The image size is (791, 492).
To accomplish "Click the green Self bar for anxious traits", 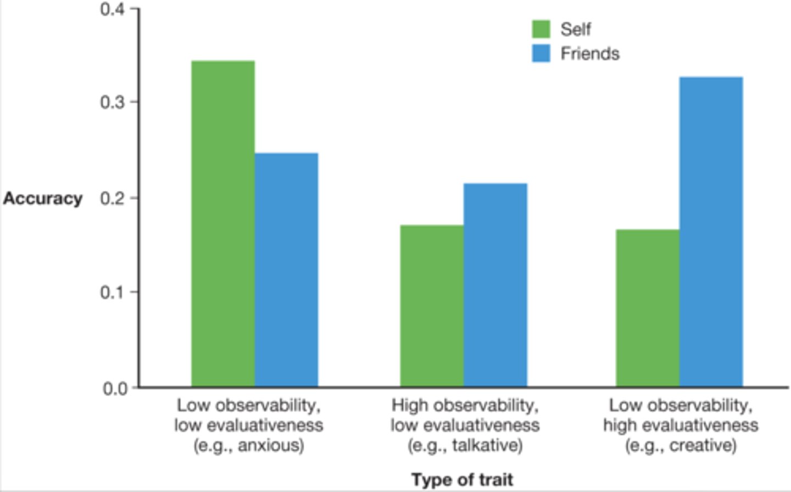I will [x=223, y=224].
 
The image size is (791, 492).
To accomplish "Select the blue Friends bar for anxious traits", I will [x=286, y=270].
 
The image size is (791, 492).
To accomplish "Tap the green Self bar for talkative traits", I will [x=432, y=306].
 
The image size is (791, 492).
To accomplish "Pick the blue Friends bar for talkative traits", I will [x=495, y=285].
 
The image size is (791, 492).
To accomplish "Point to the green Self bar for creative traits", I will [x=648, y=308].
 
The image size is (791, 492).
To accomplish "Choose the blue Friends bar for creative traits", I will [x=711, y=232].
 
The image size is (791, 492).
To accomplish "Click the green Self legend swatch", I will [x=541, y=29].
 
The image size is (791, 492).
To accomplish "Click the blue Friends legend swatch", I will [x=541, y=53].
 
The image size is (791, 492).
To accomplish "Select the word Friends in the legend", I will [x=589, y=53].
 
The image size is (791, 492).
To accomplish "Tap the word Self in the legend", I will [x=575, y=29].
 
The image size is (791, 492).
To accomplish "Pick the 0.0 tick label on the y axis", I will [x=114, y=388].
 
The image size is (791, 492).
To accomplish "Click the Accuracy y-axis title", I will [x=43, y=198].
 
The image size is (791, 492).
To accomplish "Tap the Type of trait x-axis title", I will [x=462, y=479].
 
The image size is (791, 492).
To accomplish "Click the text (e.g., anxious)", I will [x=248, y=445].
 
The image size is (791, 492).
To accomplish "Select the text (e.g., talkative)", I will [x=465, y=445].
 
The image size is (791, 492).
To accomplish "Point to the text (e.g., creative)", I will [x=681, y=445].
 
